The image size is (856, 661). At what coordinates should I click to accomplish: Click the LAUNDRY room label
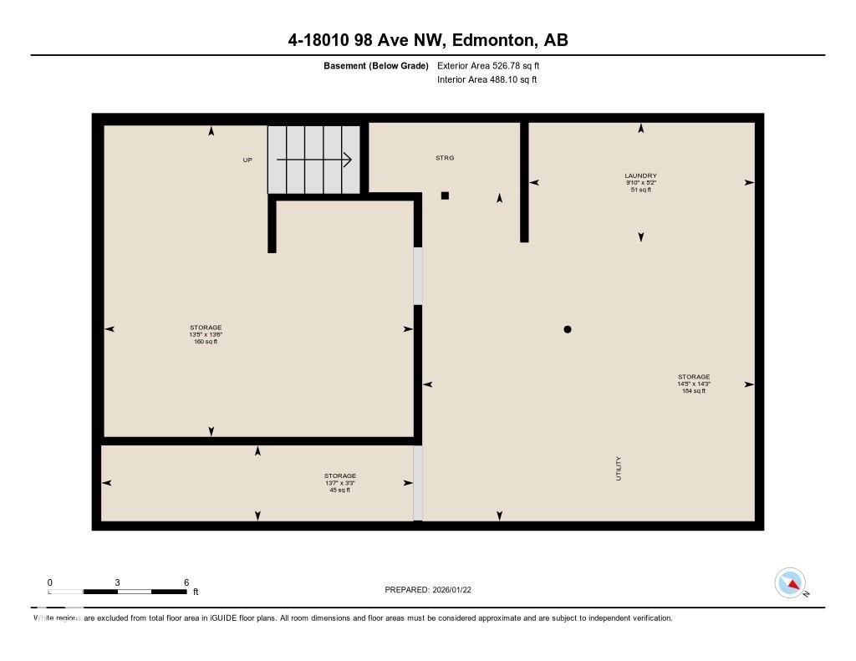pos(641,175)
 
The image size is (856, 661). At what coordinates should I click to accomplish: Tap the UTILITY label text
pos(619,468)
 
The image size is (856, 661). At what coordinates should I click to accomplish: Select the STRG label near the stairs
pos(445,158)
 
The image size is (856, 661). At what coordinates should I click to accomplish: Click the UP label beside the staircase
pos(247,160)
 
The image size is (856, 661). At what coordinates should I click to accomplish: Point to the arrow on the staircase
pos(314,160)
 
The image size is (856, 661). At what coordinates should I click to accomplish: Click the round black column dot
pos(568,329)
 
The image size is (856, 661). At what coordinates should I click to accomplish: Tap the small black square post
pos(445,196)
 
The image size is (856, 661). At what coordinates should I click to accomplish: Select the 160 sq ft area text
pos(206,342)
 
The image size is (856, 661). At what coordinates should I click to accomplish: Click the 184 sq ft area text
pos(694,390)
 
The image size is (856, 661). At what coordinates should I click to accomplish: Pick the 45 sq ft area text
pos(340,490)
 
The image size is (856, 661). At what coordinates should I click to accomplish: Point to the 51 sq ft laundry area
pos(641,190)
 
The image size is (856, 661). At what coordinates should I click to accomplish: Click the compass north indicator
pos(790,583)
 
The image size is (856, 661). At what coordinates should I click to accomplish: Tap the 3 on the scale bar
pos(118,582)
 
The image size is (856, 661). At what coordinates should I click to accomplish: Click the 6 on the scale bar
pos(186,582)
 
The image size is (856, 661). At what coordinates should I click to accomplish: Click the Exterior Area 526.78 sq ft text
pos(494,65)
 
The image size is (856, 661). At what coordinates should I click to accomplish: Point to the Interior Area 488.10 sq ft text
pos(487,80)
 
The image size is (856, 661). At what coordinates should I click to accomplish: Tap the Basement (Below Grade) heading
pos(376,65)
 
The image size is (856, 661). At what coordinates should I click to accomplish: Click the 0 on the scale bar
pos(50,582)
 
